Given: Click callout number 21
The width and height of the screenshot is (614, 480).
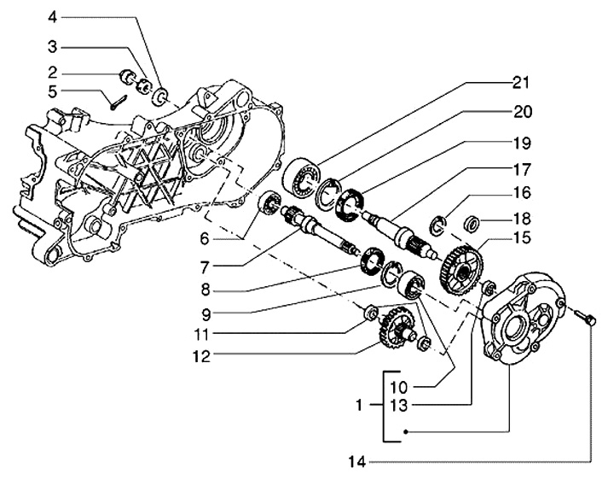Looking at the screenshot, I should click(521, 83).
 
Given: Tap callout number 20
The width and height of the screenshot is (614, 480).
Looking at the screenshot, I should click(521, 111).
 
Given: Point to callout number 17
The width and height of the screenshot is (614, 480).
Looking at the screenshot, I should click(521, 169).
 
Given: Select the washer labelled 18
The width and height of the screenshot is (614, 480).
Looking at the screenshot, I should click(469, 225).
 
